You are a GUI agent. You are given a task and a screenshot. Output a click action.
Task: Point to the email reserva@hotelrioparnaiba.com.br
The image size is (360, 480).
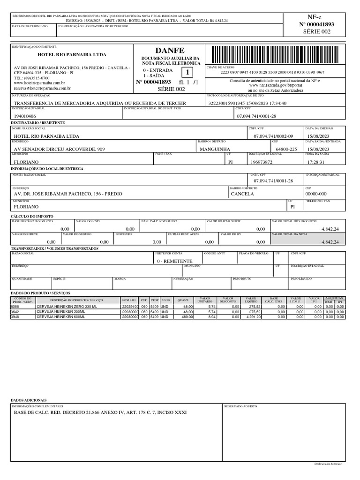42,88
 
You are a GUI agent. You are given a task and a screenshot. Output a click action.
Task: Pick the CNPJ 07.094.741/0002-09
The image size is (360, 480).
273,136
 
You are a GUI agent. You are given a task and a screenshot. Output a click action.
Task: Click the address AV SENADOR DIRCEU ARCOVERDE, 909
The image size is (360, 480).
60,149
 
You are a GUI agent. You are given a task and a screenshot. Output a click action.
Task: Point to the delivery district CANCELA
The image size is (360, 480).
242,194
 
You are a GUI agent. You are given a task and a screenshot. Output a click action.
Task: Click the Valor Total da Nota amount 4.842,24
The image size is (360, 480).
330,242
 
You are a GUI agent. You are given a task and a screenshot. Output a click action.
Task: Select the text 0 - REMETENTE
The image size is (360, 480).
174,261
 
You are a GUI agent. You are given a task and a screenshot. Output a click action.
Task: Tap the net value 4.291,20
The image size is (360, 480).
251,317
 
